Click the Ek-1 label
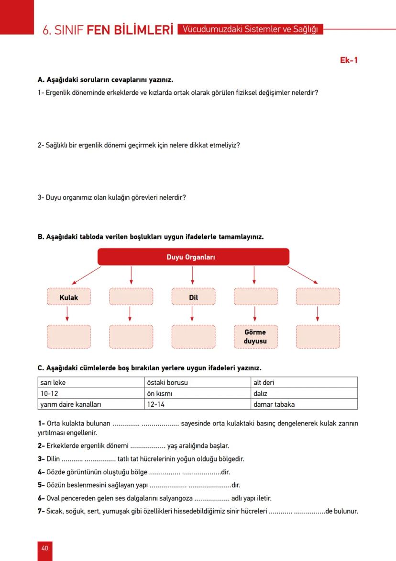349,60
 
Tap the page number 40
44,548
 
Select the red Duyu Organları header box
193,257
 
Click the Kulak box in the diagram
69,297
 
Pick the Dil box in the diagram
193,297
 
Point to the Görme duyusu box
255,337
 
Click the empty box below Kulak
69,337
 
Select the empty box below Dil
193,337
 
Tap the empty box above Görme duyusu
255,297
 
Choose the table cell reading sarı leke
91,382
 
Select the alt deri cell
304,382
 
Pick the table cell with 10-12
91,393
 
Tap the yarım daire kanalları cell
91,404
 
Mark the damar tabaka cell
304,404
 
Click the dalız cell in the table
304,393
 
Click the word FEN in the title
99,30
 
